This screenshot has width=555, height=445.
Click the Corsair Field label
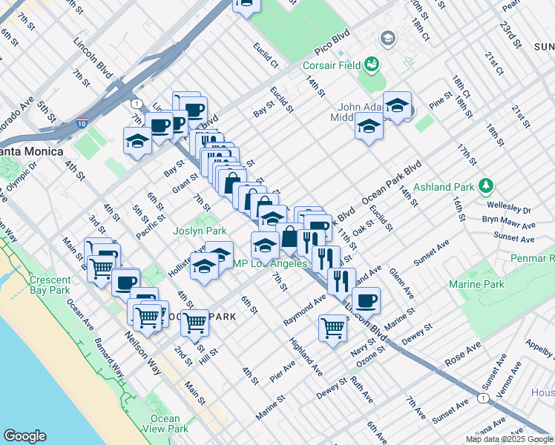click(x=331, y=65)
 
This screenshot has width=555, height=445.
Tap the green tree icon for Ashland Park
click(x=486, y=184)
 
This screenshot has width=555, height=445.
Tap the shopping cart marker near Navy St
click(x=333, y=326)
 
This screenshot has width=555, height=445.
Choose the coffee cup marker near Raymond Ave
click(x=366, y=300)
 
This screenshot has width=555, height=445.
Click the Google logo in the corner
click(x=25, y=436)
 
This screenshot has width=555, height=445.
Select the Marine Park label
click(x=476, y=284)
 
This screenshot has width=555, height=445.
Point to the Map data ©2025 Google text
click(x=508, y=439)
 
